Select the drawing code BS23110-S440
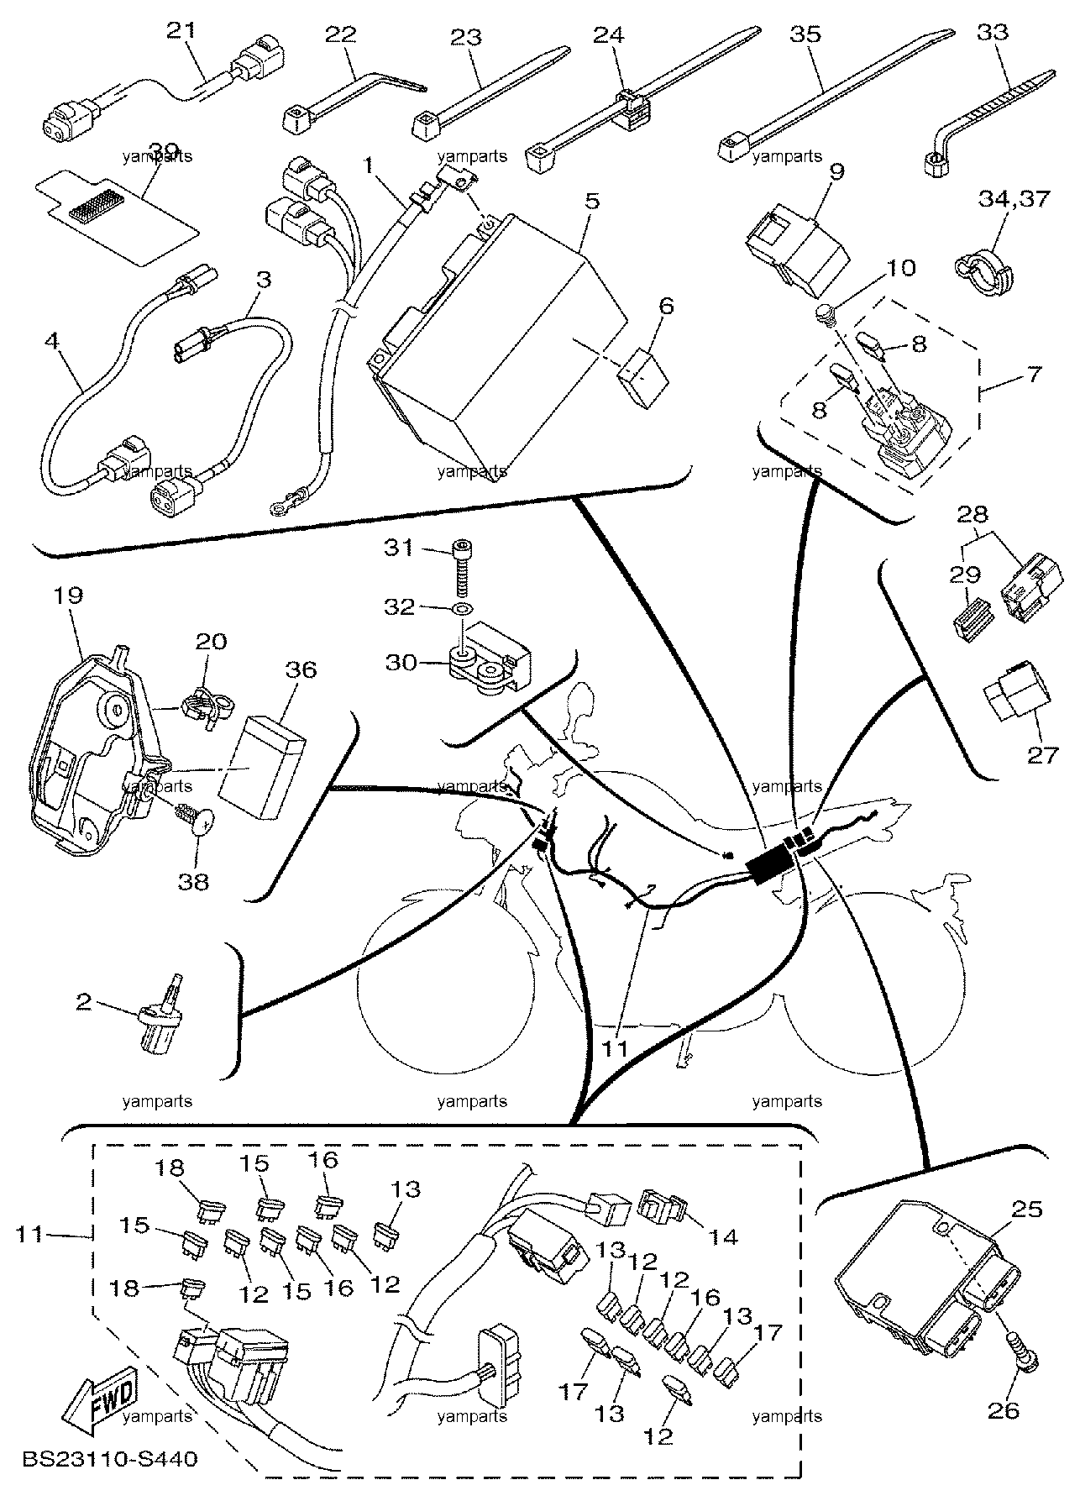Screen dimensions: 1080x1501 click(110, 1458)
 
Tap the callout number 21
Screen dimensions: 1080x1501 click(181, 30)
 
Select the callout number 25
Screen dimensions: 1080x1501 click(1027, 1210)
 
